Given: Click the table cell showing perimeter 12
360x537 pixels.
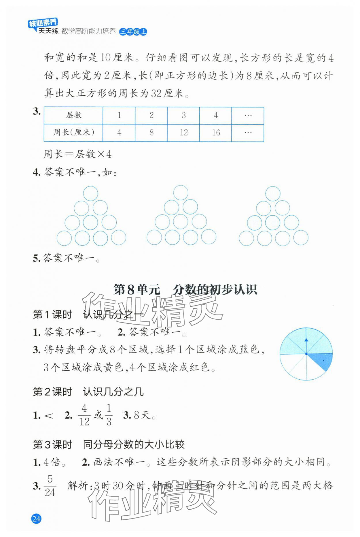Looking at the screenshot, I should tap(183, 133).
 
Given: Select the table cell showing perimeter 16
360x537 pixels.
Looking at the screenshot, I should tap(216, 133).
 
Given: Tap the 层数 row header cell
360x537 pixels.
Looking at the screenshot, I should tap(73, 115).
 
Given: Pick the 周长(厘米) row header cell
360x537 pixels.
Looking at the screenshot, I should tap(73, 133).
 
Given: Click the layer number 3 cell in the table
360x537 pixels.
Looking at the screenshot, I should tap(183, 115).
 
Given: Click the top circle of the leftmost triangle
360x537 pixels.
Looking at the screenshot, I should tap(90, 193).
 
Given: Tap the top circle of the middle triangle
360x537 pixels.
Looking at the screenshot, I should tap(181, 193).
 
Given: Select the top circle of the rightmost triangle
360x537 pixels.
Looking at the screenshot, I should tap(273, 193).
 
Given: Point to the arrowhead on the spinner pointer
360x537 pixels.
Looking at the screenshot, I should tap(306, 340).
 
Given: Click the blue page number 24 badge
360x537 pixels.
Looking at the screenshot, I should tap(36, 519).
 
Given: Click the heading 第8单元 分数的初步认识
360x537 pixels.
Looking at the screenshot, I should tap(185, 290).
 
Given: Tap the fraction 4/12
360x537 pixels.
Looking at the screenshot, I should tap(84, 415).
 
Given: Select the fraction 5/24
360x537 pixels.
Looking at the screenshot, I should tap(50, 486).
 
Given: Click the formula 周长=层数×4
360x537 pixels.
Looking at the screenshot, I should tap(77, 154).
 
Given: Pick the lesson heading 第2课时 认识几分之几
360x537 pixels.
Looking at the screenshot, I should tap(88, 392).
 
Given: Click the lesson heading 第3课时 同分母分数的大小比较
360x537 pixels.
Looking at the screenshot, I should tap(109, 444).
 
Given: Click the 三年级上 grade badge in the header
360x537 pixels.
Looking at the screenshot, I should tap(133, 32).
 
